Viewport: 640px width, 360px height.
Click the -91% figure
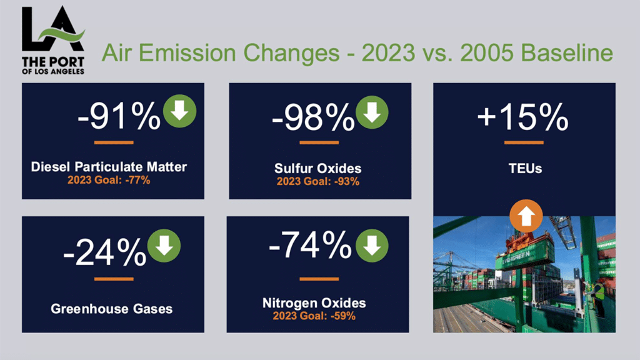118,117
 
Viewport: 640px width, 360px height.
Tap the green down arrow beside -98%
372,112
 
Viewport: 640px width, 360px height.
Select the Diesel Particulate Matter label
109,167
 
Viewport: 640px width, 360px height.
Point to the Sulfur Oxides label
317,169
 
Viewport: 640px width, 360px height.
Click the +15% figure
524,117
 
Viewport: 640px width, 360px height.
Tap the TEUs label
524,169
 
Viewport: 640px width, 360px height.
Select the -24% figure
104,251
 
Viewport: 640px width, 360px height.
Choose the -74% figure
310,246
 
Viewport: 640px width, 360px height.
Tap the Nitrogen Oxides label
314,303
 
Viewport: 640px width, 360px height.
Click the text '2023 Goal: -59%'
314,316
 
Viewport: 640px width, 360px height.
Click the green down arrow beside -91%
179,112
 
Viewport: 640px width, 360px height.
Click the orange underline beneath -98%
318,143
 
